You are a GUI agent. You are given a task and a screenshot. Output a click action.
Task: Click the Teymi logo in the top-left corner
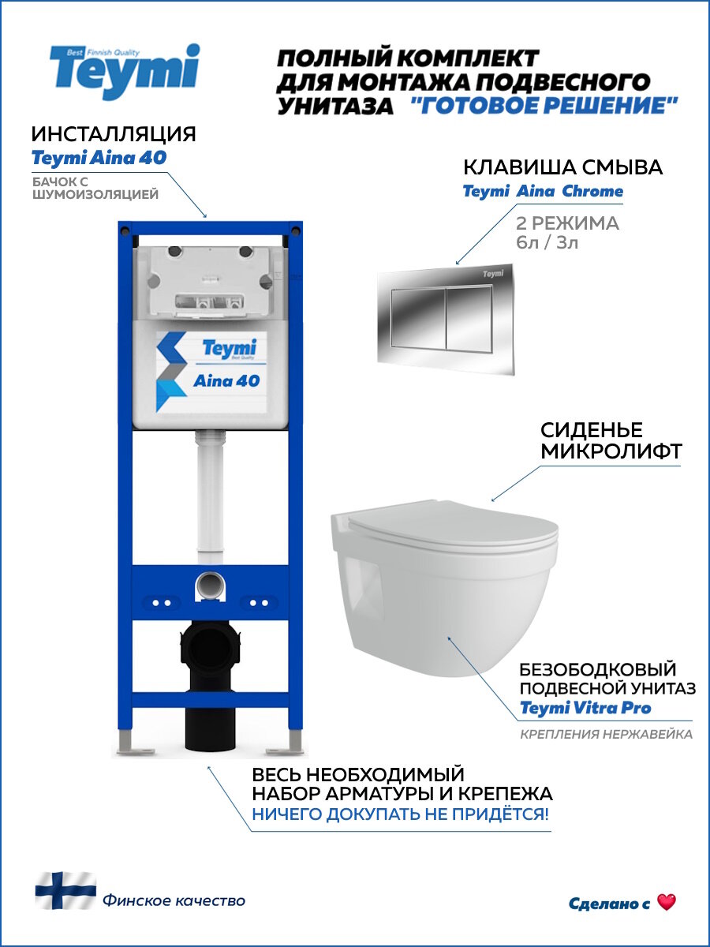coord(125,71)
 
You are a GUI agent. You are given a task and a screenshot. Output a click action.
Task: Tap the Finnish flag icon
coord(65,891)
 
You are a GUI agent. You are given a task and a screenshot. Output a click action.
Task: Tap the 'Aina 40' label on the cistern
coord(226,380)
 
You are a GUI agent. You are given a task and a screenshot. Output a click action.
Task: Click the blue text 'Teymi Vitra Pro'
coord(585,708)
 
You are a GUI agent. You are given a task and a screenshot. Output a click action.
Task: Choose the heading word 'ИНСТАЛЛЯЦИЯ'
coord(114,133)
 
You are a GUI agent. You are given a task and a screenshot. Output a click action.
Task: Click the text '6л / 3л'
coord(547,242)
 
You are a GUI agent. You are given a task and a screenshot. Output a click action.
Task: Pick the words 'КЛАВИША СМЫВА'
coord(562,167)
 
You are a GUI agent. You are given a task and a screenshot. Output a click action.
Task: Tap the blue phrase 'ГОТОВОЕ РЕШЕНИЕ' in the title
coord(544,106)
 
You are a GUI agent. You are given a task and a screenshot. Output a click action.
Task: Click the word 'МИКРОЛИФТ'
coord(611,452)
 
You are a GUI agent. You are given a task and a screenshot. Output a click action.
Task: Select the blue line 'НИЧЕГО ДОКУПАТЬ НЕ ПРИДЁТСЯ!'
coord(401,814)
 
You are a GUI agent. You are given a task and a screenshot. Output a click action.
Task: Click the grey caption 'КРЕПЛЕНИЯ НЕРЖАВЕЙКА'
coord(606,735)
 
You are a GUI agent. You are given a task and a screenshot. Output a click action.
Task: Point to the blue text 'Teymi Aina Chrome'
coord(543,191)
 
